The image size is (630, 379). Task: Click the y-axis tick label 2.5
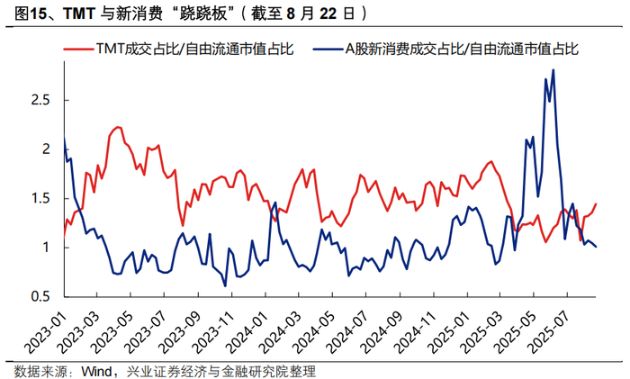pyautogui.click(x=40, y=100)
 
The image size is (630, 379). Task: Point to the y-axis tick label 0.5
pyautogui.click(x=40, y=296)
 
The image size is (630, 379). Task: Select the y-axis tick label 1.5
pyautogui.click(x=40, y=198)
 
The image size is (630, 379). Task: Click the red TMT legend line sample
pyautogui.click(x=79, y=50)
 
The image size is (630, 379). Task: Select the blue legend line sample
pyautogui.click(x=328, y=50)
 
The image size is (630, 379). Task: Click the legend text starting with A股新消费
pyautogui.click(x=462, y=49)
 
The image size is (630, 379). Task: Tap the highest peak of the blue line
pyautogui.click(x=553, y=70)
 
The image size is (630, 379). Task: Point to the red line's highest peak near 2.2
pyautogui.click(x=118, y=127)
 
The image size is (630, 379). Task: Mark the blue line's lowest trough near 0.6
pyautogui.click(x=225, y=285)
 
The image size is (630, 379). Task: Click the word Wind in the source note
pyautogui.click(x=97, y=371)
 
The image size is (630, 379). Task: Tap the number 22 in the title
pyautogui.click(x=328, y=14)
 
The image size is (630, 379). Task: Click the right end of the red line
pyautogui.click(x=596, y=203)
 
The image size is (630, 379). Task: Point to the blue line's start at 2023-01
pyautogui.click(x=65, y=136)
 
